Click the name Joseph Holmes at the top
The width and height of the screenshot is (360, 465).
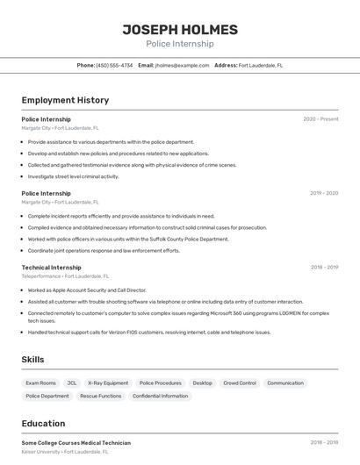coord(179,29)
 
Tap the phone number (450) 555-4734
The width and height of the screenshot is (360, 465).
coord(114,65)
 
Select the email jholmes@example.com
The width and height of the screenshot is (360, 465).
coord(182,65)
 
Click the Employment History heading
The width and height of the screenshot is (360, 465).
coord(65,100)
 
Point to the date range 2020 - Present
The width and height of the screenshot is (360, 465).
coord(320,119)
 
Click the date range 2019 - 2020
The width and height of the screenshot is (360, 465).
coord(324,193)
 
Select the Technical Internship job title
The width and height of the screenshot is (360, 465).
coord(51,268)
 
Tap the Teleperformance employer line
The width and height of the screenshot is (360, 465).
coord(63,276)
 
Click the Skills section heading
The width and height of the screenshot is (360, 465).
coord(32,359)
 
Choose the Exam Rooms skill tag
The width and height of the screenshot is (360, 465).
coord(41,383)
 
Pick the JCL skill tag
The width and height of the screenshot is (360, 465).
coord(72,383)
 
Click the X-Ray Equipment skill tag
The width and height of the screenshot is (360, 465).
coord(108,383)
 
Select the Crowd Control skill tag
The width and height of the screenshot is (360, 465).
coord(240,383)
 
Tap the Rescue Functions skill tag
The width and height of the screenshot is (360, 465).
coord(100,396)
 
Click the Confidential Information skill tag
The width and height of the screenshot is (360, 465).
coord(160,396)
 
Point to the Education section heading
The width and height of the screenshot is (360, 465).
coord(43,424)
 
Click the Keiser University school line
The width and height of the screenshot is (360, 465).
coord(65,452)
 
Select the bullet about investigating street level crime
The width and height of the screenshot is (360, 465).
coord(73,176)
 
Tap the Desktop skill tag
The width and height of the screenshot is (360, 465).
coord(202,383)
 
